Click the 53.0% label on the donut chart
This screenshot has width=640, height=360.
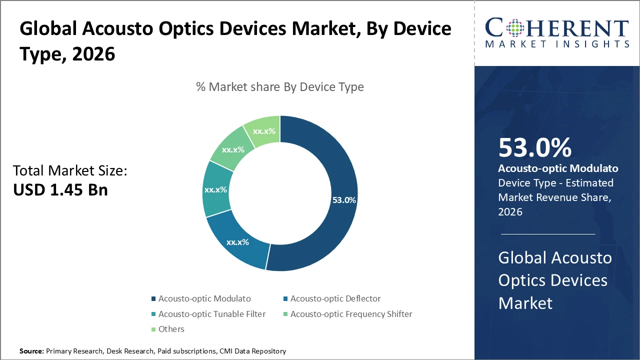click(344, 200)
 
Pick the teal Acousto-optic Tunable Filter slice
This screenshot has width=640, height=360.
click(216, 190)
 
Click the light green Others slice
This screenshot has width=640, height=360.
click(263, 131)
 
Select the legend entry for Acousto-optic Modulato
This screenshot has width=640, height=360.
click(204, 299)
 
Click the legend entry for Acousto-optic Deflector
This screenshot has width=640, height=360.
click(335, 299)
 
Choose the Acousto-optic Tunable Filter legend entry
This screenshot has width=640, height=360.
click(211, 314)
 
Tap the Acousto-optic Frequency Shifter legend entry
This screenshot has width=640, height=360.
click(351, 314)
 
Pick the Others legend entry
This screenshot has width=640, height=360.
click(171, 329)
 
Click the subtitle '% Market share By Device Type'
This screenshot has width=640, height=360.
click(280, 87)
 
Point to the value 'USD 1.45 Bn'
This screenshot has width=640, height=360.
click(60, 190)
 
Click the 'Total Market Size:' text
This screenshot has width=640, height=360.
click(70, 171)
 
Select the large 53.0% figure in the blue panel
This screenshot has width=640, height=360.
click(534, 148)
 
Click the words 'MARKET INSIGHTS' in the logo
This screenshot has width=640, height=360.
click(557, 44)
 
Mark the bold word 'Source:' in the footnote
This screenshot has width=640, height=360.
click(31, 351)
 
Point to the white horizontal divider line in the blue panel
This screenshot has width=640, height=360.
click(548, 233)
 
